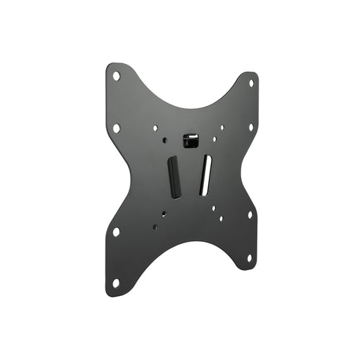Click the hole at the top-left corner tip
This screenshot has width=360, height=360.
click(x=117, y=76)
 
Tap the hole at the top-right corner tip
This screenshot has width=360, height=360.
click(x=251, y=83)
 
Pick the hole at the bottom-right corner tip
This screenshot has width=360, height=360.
click(x=249, y=257)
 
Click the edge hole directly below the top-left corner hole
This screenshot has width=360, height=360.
click(x=117, y=128)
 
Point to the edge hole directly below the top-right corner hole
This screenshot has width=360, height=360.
click(x=250, y=127)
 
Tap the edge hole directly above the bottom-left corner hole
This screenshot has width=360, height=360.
click(x=116, y=231)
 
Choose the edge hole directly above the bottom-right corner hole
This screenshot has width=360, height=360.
click(x=249, y=214)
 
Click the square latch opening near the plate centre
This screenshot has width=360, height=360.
click(x=188, y=141)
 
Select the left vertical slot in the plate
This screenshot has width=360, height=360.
click(x=172, y=177)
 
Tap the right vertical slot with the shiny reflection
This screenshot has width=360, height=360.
click(x=205, y=174)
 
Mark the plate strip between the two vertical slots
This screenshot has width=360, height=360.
click(x=189, y=176)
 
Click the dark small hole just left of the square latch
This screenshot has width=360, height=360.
click(x=165, y=140)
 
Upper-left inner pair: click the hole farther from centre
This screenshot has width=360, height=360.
click(x=155, y=129)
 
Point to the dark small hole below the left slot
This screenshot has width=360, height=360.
click(x=165, y=214)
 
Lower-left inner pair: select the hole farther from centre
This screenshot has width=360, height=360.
click(x=155, y=226)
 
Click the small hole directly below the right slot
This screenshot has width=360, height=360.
click(x=212, y=207)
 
